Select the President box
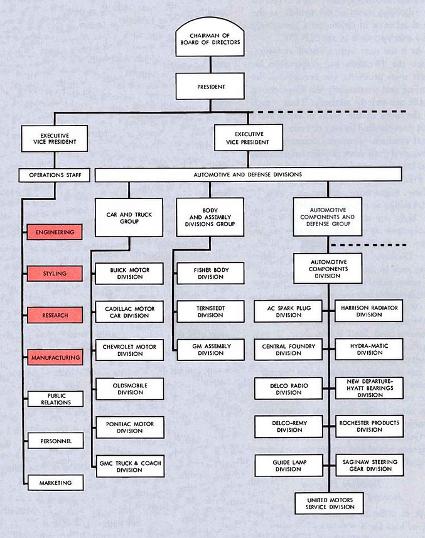click(210, 86)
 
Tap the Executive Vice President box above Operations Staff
click(55, 138)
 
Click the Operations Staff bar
click(55, 175)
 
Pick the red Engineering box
click(55, 232)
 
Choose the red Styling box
click(55, 274)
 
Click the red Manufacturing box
click(55, 358)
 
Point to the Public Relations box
click(56, 399)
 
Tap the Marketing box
click(56, 483)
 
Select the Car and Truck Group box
click(129, 218)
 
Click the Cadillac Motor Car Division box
click(130, 312)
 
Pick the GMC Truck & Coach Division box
click(131, 466)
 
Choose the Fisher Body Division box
click(210, 273)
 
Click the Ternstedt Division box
click(210, 311)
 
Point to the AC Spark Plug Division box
click(288, 311)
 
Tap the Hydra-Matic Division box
click(369, 349)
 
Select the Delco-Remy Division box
click(289, 426)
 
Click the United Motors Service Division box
click(330, 503)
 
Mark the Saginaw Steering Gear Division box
click(370, 465)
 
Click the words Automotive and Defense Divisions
click(248, 175)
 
